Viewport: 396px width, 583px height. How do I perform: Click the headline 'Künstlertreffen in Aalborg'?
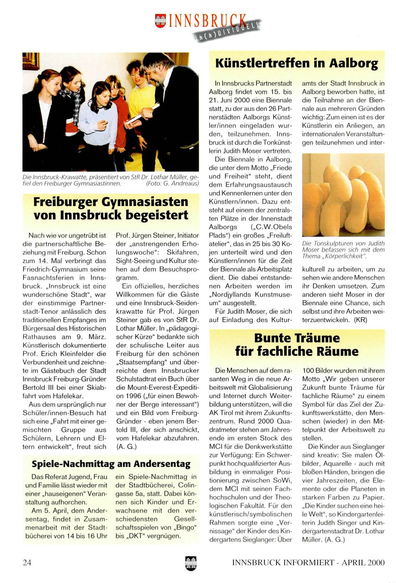point(297,63)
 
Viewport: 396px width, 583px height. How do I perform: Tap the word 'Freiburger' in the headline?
point(64,202)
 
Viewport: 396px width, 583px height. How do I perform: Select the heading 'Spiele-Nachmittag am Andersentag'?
point(111,464)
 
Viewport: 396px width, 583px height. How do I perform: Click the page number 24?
point(27,562)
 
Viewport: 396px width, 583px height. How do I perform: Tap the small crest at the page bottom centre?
point(191,563)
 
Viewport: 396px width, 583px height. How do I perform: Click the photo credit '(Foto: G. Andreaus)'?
point(172,183)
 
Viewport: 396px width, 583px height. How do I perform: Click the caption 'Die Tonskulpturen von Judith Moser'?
point(343,243)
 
